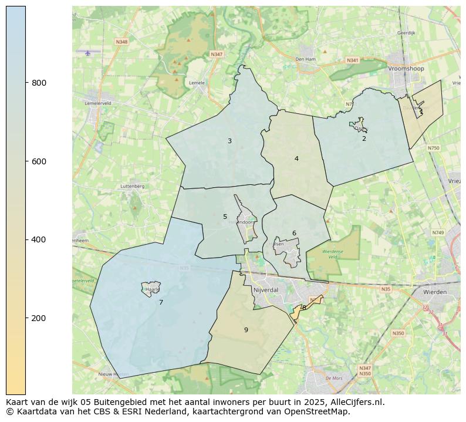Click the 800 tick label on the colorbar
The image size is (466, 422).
pyautogui.click(x=39, y=83)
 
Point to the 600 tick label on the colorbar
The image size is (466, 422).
pyautogui.click(x=39, y=161)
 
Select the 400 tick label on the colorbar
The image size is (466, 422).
pyautogui.click(x=39, y=239)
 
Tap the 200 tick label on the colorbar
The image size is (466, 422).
pyautogui.click(x=39, y=318)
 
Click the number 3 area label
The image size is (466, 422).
pyautogui.click(x=229, y=141)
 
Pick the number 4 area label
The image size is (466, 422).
pyautogui.click(x=296, y=158)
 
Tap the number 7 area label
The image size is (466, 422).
pyautogui.click(x=161, y=302)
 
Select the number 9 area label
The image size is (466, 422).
pyautogui.click(x=246, y=330)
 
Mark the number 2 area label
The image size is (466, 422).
pyautogui.click(x=364, y=139)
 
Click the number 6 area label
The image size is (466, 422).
pyautogui.click(x=294, y=233)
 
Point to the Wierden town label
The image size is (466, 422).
pyautogui.click(x=434, y=292)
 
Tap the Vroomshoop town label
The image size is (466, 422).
pyautogui.click(x=406, y=69)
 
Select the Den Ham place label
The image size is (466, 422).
pyautogui.click(x=305, y=59)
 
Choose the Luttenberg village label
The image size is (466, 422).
pyautogui.click(x=132, y=186)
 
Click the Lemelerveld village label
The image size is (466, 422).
pyautogui.click(x=98, y=103)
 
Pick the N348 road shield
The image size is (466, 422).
pyautogui.click(x=121, y=42)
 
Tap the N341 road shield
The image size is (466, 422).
pyautogui.click(x=352, y=60)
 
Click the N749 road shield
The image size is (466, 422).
pyautogui.click(x=438, y=233)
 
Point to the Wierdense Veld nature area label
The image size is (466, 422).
pyautogui.click(x=333, y=254)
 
